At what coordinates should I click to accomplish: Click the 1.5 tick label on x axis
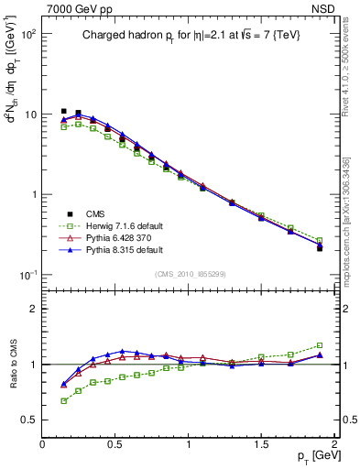(x=262, y=443)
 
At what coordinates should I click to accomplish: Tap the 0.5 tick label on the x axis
(x=115, y=443)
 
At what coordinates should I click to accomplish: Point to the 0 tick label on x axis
(x=42, y=443)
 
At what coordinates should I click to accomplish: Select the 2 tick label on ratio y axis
(x=32, y=309)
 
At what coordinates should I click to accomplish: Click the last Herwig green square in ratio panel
(x=320, y=345)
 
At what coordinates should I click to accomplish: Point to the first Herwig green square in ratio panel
(x=63, y=400)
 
